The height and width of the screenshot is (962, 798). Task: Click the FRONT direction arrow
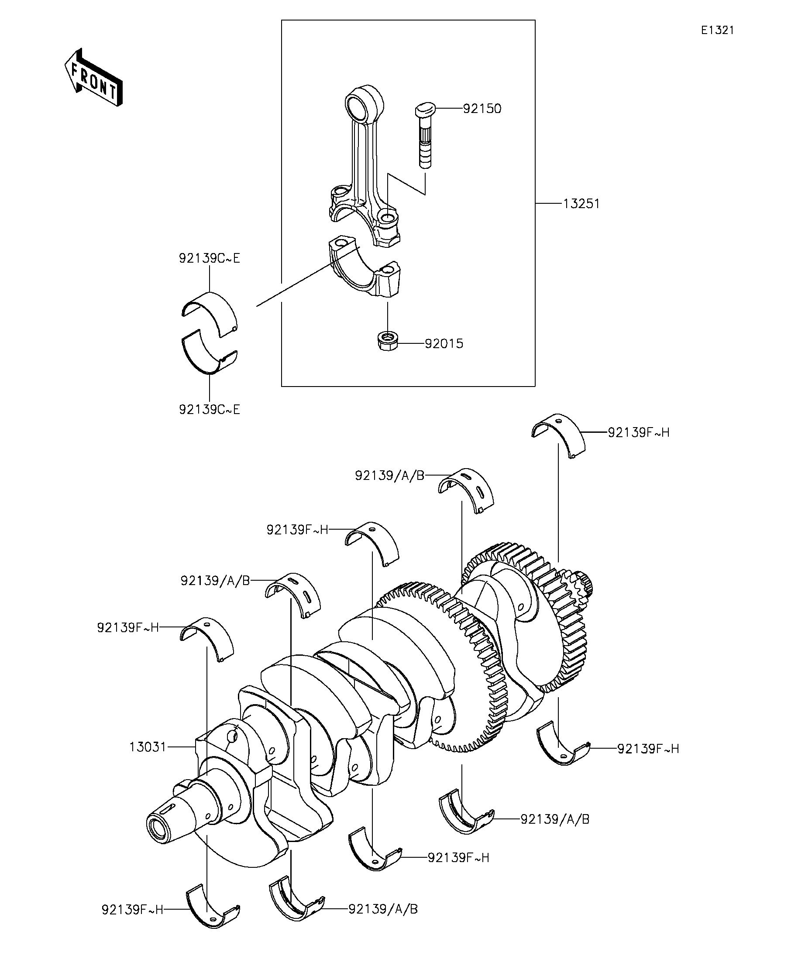(x=93, y=77)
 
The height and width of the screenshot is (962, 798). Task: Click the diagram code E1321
(x=717, y=31)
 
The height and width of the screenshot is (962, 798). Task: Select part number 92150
(x=482, y=109)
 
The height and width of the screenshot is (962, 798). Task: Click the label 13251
(x=581, y=204)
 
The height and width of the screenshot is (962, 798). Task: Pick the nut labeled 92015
(x=387, y=341)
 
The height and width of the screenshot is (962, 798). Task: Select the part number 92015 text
(x=444, y=344)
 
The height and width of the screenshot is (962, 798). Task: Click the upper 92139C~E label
(x=210, y=259)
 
